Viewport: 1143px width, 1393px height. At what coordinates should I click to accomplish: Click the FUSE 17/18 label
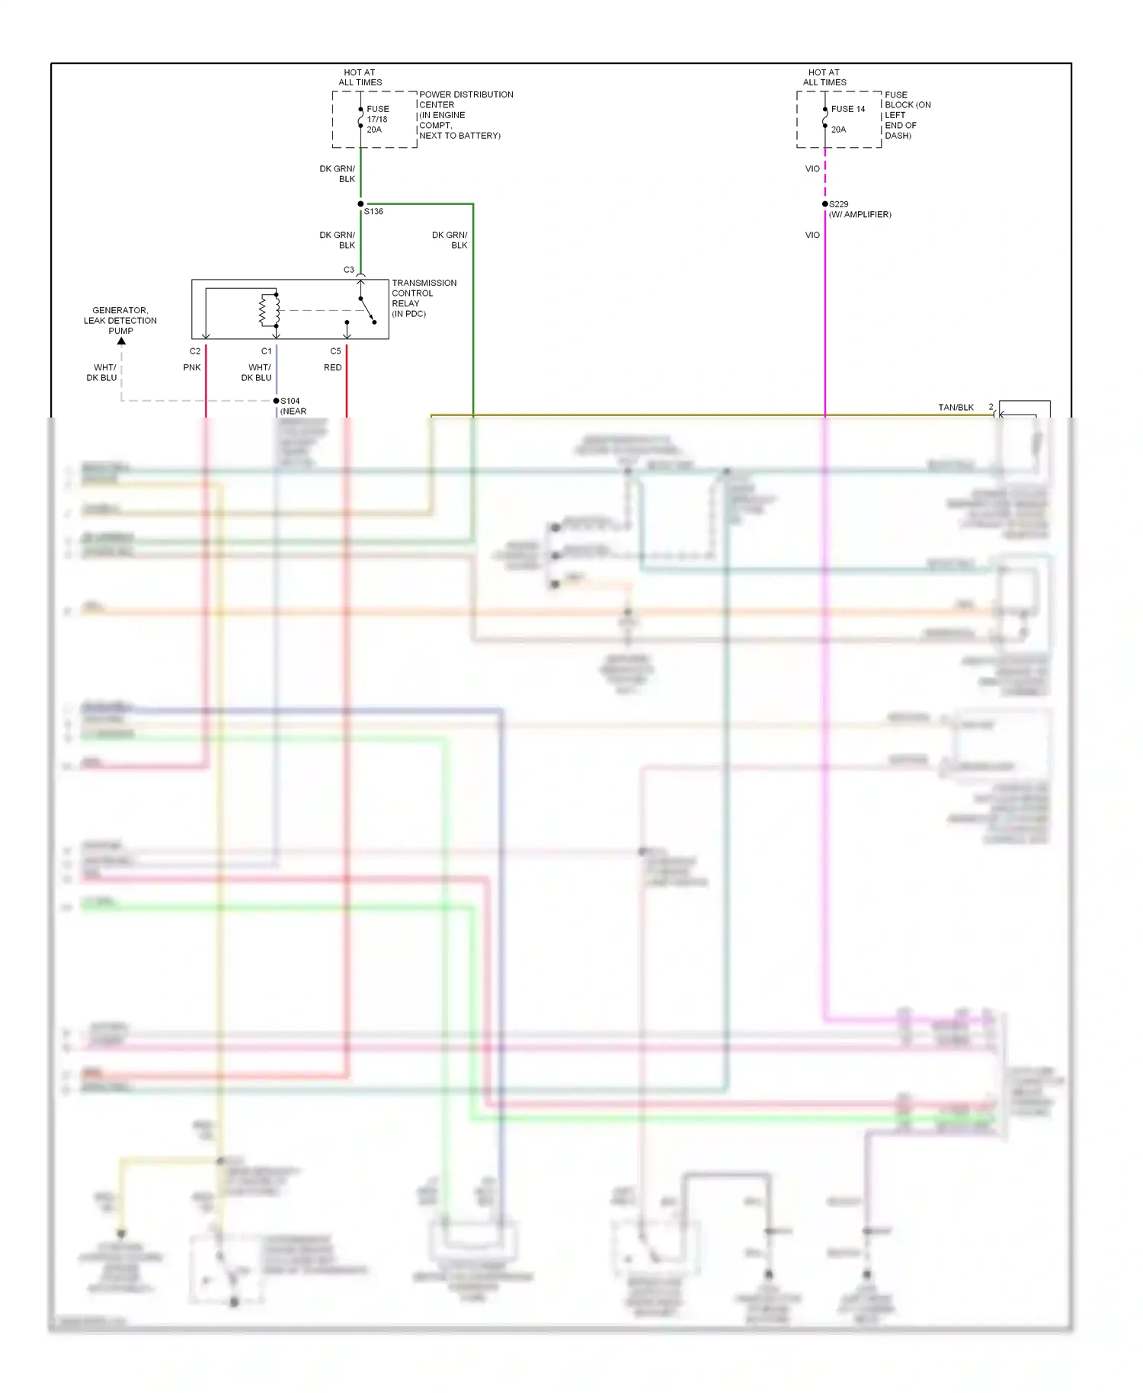(x=377, y=114)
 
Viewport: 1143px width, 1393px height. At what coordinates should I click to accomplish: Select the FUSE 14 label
(x=847, y=109)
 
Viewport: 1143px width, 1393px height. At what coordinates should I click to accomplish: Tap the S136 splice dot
(x=360, y=204)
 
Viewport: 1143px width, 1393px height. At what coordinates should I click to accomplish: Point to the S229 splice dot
(x=824, y=204)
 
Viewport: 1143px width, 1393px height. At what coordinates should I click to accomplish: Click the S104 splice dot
(x=276, y=401)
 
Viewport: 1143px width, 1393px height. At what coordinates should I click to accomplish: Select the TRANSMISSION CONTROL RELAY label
(x=423, y=298)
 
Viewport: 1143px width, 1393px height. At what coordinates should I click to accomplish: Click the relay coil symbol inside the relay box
(x=266, y=309)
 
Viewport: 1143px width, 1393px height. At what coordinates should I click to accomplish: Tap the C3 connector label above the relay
(x=348, y=270)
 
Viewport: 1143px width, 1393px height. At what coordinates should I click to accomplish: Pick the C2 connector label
(x=195, y=351)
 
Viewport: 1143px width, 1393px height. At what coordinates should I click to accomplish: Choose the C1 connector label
(x=266, y=351)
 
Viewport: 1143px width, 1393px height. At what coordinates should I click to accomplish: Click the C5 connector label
(x=335, y=351)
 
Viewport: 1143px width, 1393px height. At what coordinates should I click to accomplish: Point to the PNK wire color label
(x=192, y=367)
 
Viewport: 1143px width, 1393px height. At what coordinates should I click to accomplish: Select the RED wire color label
(x=333, y=367)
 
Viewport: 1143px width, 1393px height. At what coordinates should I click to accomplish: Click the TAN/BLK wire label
(x=956, y=408)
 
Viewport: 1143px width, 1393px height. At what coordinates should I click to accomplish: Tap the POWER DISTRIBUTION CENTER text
(x=466, y=99)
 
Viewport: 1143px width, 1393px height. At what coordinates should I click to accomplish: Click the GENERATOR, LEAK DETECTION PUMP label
(x=120, y=320)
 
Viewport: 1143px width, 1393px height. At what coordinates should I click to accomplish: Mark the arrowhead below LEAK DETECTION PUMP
(x=121, y=341)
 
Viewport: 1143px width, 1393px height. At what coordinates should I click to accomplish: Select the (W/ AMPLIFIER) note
(x=860, y=215)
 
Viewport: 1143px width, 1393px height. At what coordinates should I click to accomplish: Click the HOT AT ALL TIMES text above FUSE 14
(x=824, y=77)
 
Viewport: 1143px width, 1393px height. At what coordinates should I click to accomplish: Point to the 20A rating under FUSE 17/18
(x=374, y=130)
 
